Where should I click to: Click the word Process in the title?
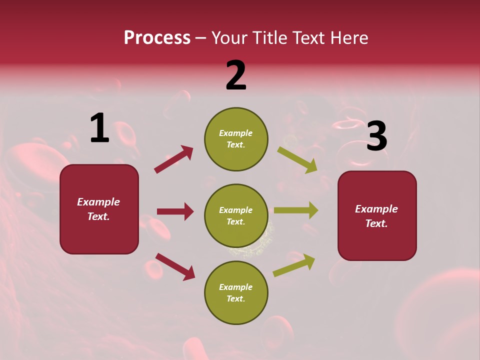click(157, 38)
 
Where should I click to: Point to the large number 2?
click(236, 75)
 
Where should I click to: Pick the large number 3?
click(376, 136)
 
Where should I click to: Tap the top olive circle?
click(236, 138)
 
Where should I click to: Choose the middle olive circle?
click(236, 215)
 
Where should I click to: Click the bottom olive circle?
click(236, 292)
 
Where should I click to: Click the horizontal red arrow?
click(175, 211)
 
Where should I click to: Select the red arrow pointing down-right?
click(175, 266)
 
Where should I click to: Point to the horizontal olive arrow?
click(296, 210)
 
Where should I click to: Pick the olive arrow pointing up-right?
click(294, 265)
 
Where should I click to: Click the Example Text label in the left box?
click(98, 209)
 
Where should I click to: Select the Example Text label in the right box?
click(376, 216)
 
